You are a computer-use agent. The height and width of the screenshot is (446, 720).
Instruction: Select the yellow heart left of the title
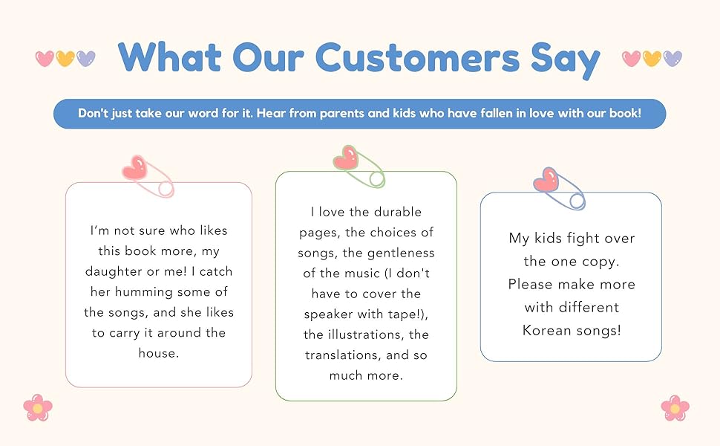point(65,58)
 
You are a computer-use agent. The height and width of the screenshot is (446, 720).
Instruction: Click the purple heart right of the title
point(672,58)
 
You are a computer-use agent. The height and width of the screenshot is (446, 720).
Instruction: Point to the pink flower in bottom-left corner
point(37,407)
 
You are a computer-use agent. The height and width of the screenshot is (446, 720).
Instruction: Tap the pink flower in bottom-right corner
point(675,407)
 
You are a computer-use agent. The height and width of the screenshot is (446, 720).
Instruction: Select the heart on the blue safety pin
point(546,179)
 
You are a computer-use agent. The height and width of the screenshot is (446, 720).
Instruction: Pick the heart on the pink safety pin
point(136,169)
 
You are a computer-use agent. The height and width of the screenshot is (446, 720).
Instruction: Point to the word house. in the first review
point(159,353)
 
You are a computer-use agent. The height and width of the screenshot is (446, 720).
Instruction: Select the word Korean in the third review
point(549,330)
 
